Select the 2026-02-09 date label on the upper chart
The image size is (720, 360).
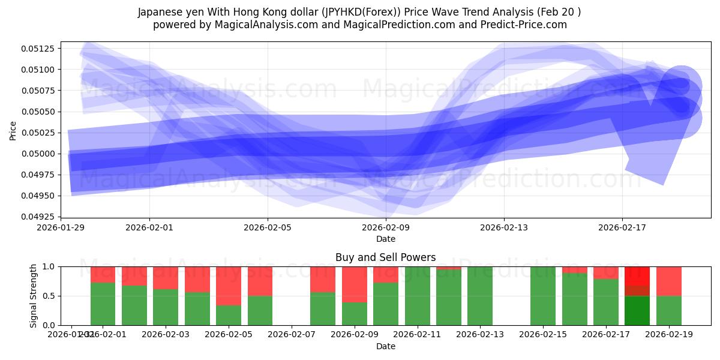[x=386, y=227]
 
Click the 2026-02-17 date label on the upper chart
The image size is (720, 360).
[x=622, y=227]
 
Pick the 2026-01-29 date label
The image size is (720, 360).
[x=61, y=227]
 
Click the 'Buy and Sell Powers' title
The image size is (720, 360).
[x=385, y=257]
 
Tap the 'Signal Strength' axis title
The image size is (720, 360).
[x=34, y=295]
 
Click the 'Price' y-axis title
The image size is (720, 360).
[x=13, y=130]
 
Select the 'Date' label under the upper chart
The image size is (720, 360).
[x=385, y=239]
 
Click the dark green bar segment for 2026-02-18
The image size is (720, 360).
[x=637, y=310]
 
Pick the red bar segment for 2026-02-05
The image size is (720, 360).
[x=229, y=286]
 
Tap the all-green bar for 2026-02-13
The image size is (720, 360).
[x=480, y=296]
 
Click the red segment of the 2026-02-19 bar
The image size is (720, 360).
[x=669, y=281]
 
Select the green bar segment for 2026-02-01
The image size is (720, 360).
[x=103, y=304]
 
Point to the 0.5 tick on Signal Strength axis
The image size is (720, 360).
[x=50, y=296]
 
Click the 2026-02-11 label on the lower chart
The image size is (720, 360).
[x=417, y=334]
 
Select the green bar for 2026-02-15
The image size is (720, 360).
[x=543, y=296]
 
